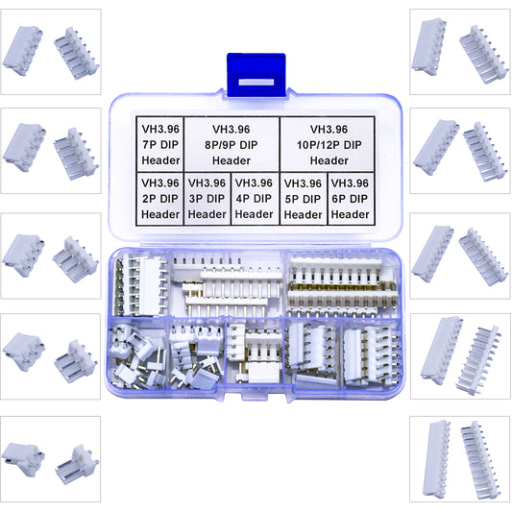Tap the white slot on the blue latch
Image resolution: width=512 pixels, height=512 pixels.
pos(255,81)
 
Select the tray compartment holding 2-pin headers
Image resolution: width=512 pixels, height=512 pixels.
pos(136,355)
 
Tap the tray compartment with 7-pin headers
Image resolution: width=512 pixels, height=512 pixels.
pos(142,283)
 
